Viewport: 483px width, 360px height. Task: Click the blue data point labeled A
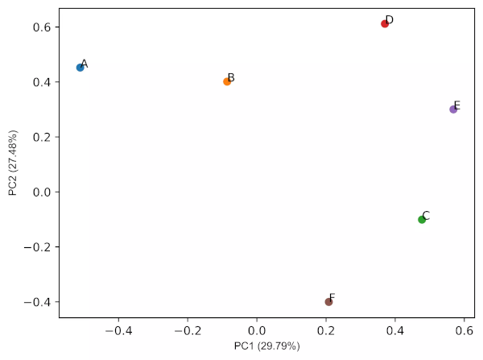80,68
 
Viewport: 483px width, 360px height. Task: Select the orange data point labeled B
227,81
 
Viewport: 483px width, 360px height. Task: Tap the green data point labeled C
422,219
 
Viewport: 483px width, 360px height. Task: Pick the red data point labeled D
385,23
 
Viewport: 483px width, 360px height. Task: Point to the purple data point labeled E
453,109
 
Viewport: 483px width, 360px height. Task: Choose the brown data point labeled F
328,302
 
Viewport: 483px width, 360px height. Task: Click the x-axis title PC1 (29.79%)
266,346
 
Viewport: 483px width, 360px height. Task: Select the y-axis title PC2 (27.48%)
13,163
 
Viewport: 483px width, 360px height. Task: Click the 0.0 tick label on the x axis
257,330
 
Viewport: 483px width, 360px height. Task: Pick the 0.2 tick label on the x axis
326,330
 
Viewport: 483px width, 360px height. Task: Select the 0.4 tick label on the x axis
395,330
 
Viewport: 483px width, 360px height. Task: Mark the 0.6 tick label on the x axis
464,330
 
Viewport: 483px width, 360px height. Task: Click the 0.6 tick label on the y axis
42,27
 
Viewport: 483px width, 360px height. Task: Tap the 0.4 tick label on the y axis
42,82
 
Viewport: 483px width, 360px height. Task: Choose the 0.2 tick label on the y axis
42,137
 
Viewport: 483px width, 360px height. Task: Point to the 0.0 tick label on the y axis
42,192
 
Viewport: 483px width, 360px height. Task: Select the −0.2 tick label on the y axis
39,247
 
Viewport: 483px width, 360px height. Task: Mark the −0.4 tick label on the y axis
39,302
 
